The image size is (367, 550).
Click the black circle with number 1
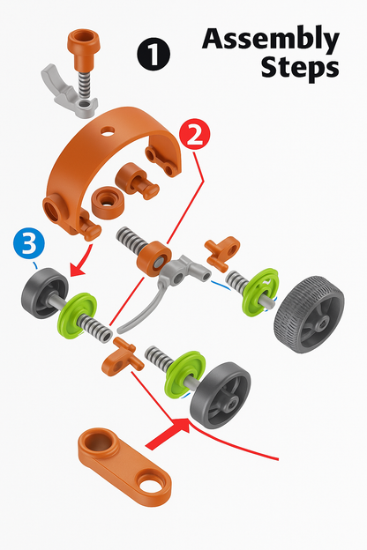[154, 54]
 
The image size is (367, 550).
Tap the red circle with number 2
[195, 135]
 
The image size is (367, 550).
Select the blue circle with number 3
[29, 243]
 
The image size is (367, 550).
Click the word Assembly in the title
[271, 40]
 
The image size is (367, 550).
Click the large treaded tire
[309, 315]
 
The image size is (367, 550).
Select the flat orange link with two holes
[124, 466]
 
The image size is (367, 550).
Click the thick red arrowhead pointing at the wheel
[176, 431]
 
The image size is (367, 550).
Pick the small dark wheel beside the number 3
[45, 294]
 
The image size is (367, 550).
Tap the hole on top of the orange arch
[108, 131]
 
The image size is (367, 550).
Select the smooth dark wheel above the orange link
[221, 395]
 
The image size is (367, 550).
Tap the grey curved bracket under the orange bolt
[69, 92]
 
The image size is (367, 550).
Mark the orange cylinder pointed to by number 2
[154, 258]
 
